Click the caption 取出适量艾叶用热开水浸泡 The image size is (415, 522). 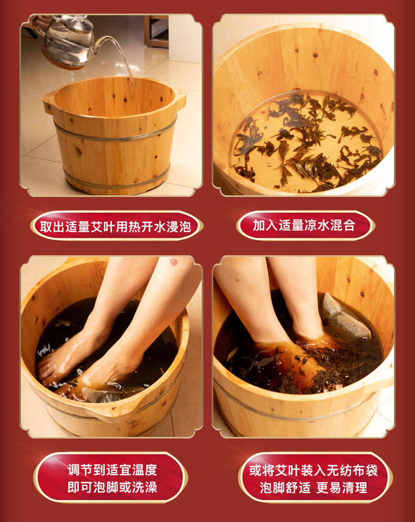pyautogui.click(x=116, y=227)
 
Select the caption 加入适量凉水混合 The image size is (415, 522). pyautogui.click(x=304, y=225)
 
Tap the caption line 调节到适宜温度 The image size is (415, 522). pyautogui.click(x=112, y=469)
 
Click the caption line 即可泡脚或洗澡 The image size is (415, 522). pyautogui.click(x=112, y=487)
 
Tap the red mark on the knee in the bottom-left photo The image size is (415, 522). pyautogui.click(x=174, y=262)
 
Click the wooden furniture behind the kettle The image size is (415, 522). pyautogui.click(x=156, y=31)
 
